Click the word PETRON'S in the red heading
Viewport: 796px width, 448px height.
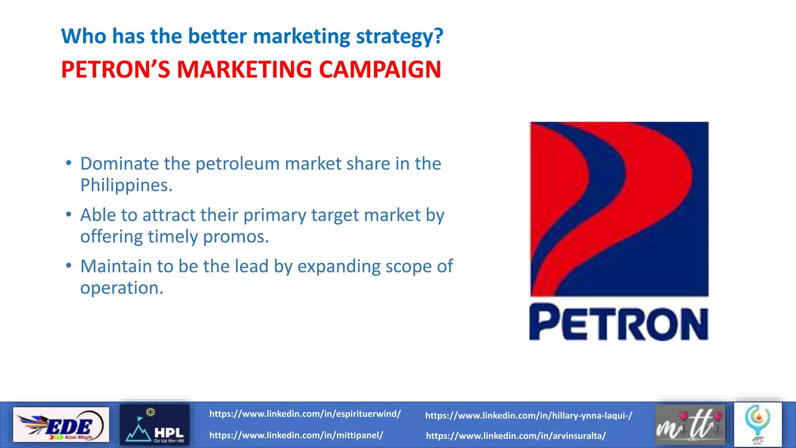(x=115, y=70)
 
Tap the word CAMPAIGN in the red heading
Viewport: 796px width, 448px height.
(x=380, y=70)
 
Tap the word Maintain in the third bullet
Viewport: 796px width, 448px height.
(x=116, y=266)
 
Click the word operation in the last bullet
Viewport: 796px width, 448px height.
(x=122, y=288)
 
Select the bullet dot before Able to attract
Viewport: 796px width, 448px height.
(x=69, y=214)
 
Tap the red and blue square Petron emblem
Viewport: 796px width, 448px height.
(x=619, y=209)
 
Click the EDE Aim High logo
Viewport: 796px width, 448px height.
(x=61, y=425)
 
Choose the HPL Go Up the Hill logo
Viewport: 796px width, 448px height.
(x=155, y=425)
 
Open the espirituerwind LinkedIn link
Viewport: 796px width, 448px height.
(x=305, y=414)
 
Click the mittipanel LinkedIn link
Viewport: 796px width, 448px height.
(x=296, y=435)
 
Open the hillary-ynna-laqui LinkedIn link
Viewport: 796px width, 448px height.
(x=529, y=416)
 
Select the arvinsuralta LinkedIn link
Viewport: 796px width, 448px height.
(x=516, y=436)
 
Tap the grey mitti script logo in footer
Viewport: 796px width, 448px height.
(x=690, y=425)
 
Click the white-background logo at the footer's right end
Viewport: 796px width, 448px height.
(x=758, y=425)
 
